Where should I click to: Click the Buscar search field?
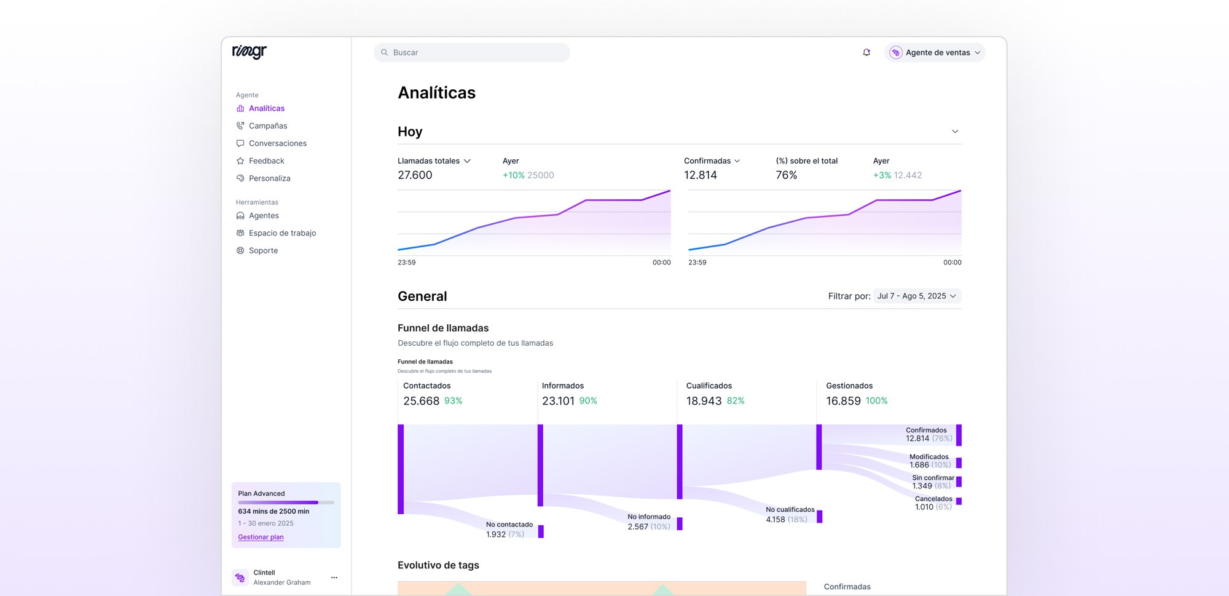pos(471,52)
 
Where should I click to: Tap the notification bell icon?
pos(866,52)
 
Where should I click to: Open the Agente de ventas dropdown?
pos(935,52)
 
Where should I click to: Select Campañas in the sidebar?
pos(267,125)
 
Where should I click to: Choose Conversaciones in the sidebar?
pos(277,143)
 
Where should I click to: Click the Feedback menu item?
pos(266,161)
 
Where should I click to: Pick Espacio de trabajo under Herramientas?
pos(282,233)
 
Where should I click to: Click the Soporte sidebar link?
pos(263,250)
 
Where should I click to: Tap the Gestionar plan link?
pos(261,537)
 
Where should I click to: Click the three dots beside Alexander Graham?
pos(334,578)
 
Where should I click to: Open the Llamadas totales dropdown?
pos(434,161)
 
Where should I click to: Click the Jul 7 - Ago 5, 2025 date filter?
pos(917,296)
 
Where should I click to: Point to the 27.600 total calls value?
pos(415,175)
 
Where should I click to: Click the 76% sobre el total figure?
pos(786,175)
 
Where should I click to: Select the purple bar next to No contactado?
pos(541,531)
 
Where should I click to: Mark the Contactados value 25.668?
pos(421,401)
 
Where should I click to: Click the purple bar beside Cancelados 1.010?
pos(959,501)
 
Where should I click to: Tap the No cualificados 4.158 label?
pos(790,514)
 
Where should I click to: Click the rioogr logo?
pos(249,52)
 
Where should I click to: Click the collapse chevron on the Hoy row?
pos(955,132)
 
